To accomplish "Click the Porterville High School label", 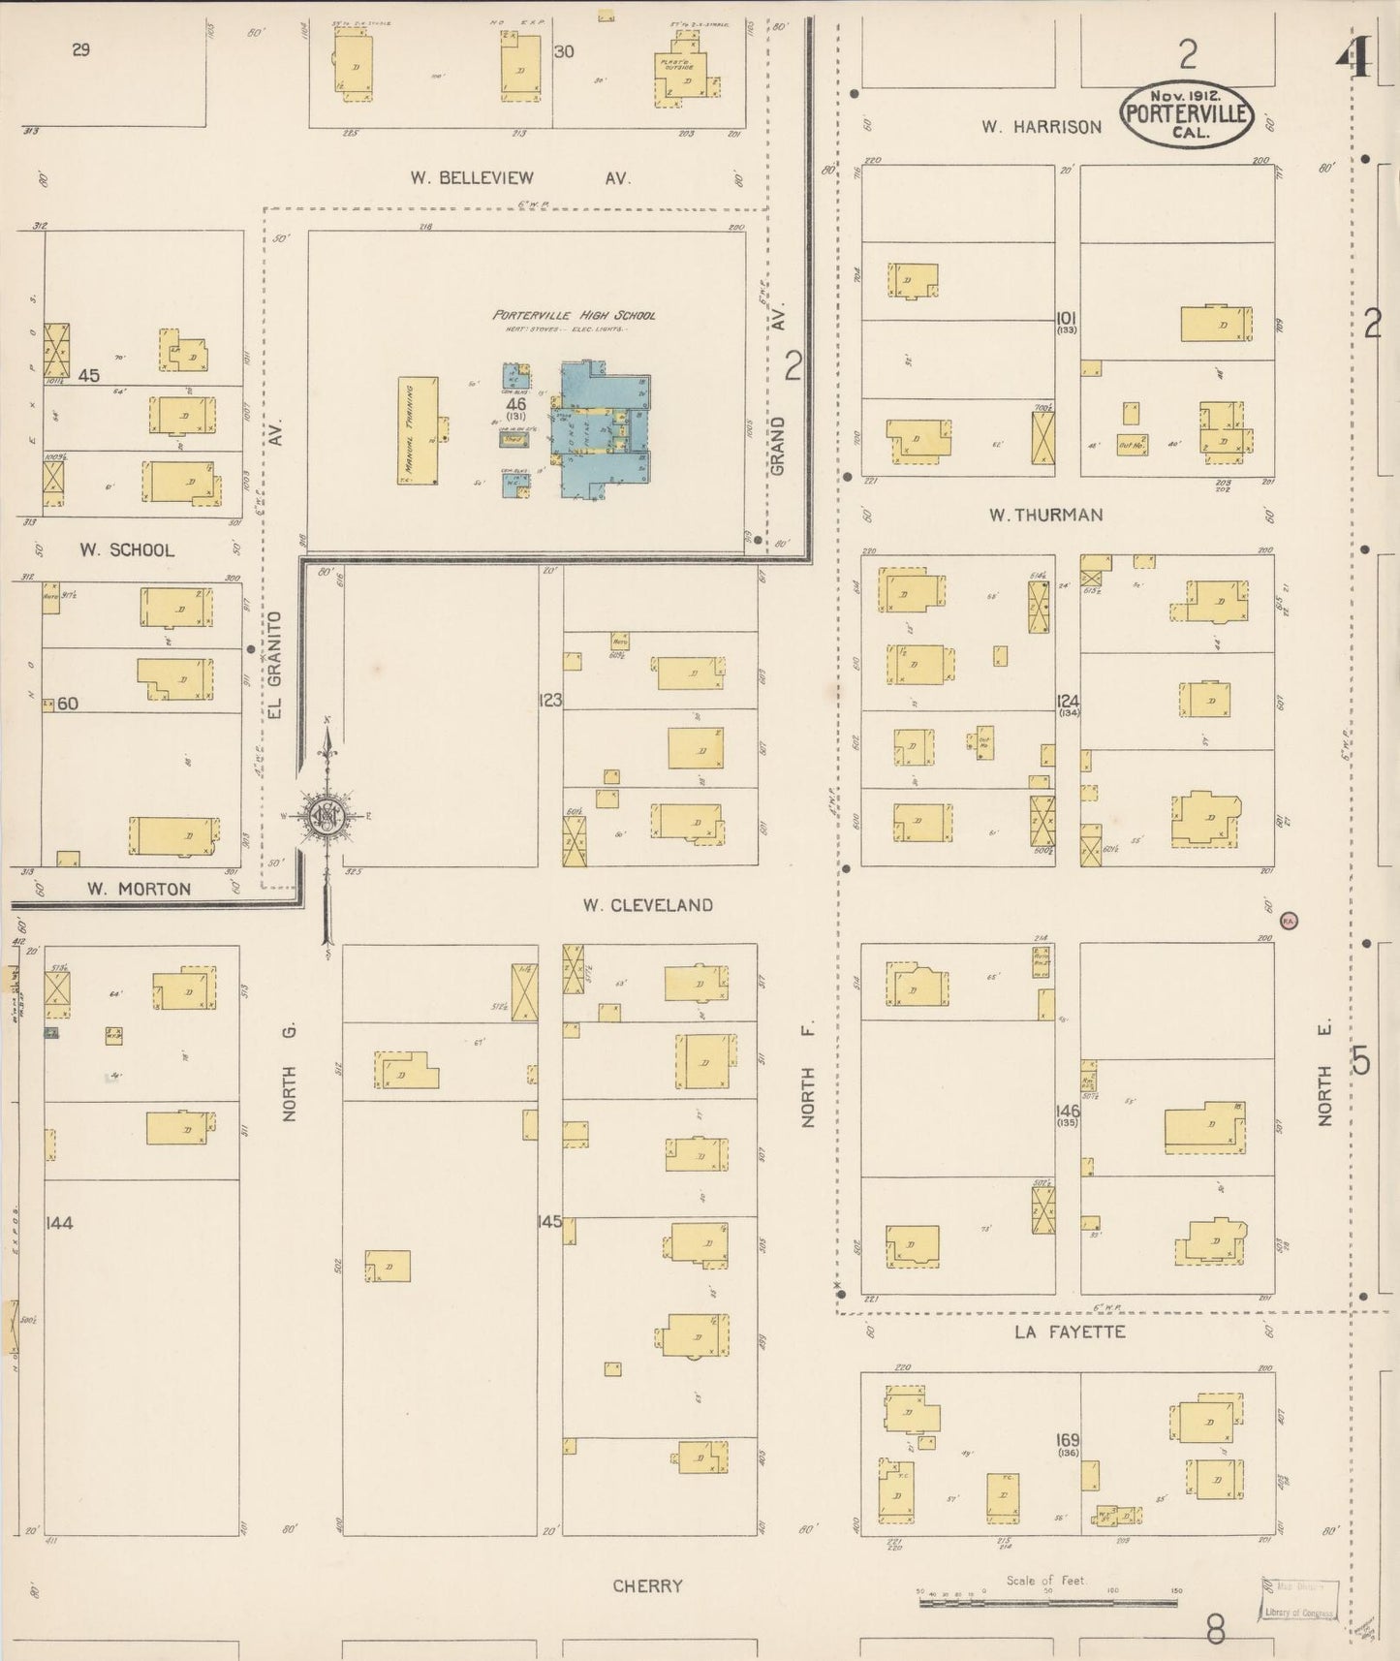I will [x=574, y=315].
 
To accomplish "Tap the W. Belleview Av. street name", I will [x=519, y=177].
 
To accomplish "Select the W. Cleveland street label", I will [x=647, y=905].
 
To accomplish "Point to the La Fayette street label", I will [x=1070, y=1332].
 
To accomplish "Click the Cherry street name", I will [x=647, y=1586].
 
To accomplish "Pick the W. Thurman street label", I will [x=1045, y=515].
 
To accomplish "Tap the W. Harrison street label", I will [x=1041, y=126].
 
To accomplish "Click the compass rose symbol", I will [x=328, y=816].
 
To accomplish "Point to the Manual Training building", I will [x=418, y=431].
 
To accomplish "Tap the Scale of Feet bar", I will [x=1047, y=1602].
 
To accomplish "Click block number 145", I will [x=549, y=1222].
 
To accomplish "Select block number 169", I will [x=1068, y=1441].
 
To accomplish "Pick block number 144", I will [x=59, y=1223].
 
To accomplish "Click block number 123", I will [x=550, y=700].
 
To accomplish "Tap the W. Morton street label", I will [x=139, y=889].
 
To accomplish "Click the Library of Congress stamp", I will [x=1299, y=1600].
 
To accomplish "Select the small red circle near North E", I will [x=1289, y=921].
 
